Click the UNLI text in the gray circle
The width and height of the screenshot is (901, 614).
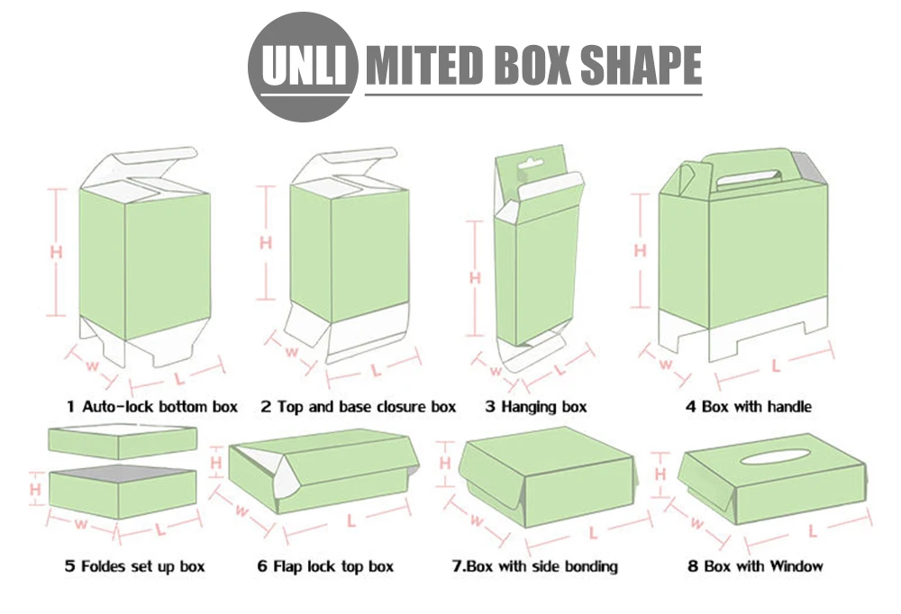tap(304, 65)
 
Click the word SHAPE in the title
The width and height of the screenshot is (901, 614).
tap(642, 64)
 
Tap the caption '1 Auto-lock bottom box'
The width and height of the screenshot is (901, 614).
tap(151, 407)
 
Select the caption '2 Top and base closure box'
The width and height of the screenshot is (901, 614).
tap(358, 407)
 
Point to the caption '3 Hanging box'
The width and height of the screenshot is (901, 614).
tap(535, 407)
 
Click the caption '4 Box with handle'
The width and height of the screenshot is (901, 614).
tap(748, 407)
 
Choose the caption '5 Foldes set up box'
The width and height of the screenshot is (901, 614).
tap(134, 566)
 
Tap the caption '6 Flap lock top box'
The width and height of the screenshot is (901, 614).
tap(325, 566)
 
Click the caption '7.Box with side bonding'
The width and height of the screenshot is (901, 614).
tap(535, 566)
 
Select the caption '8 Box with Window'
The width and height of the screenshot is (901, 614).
tap(755, 566)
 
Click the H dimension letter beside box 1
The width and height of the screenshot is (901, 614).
tap(56, 251)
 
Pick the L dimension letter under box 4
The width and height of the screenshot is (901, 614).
tap(775, 366)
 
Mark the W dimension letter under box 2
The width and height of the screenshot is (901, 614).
tap(291, 351)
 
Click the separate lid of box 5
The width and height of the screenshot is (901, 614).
tap(123, 440)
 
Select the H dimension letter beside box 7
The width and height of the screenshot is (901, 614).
tap(445, 463)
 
